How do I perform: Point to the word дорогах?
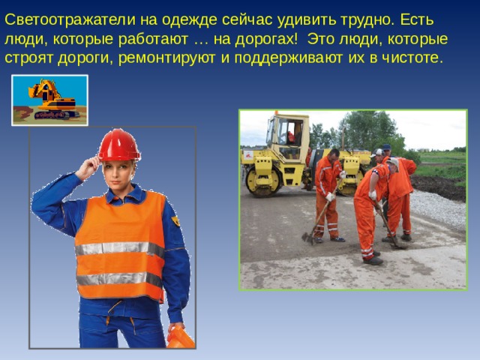(274, 37)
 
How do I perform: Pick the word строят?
(28, 58)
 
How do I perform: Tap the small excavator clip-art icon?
(50, 100)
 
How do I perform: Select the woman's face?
(119, 173)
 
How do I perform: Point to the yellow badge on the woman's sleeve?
(175, 221)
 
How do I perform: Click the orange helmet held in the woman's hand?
(180, 337)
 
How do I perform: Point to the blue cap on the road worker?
(386, 148)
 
